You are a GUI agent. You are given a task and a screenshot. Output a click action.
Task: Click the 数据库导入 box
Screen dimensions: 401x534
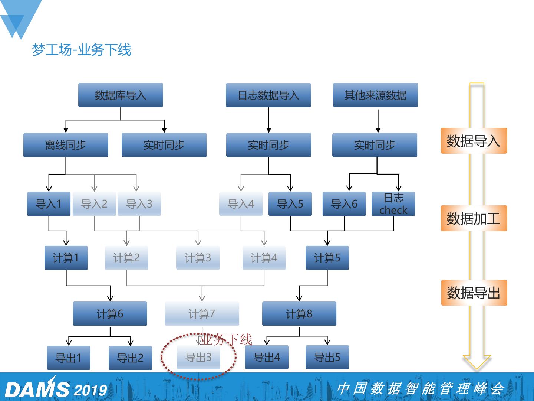pyautogui.click(x=121, y=95)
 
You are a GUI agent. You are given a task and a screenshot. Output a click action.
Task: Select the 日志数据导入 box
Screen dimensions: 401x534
pyautogui.click(x=268, y=95)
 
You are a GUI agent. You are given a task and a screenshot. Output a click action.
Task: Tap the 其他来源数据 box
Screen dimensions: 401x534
pyautogui.click(x=375, y=95)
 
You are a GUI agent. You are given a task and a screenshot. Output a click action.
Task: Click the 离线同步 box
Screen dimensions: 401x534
pyautogui.click(x=66, y=145)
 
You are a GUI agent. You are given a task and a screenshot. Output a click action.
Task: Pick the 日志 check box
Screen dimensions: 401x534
pyautogui.click(x=393, y=204)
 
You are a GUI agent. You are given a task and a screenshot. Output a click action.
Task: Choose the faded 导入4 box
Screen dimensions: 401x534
pyautogui.click(x=241, y=204)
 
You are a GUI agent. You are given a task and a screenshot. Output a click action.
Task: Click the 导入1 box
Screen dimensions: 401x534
pyautogui.click(x=49, y=204)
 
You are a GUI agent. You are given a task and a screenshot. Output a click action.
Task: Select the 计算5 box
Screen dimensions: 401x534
pyautogui.click(x=327, y=258)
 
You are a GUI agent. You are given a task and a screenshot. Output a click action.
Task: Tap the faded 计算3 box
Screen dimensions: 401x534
pyautogui.click(x=198, y=258)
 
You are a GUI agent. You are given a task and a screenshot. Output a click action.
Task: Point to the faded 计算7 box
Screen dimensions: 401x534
pyautogui.click(x=202, y=314)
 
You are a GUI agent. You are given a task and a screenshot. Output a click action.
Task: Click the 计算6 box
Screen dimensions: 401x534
pyautogui.click(x=110, y=314)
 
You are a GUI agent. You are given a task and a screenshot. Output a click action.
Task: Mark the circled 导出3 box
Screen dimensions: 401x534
pyautogui.click(x=198, y=357)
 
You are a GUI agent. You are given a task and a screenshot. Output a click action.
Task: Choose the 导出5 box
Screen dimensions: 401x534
pyautogui.click(x=327, y=357)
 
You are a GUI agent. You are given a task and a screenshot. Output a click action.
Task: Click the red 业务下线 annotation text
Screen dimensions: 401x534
pyautogui.click(x=226, y=339)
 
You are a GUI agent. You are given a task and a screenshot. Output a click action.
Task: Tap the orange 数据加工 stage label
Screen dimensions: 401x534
pyautogui.click(x=474, y=218)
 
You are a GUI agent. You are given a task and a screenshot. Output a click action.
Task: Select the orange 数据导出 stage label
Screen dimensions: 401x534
pyautogui.click(x=474, y=293)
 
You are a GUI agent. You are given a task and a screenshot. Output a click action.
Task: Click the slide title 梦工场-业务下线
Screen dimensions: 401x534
pyautogui.click(x=82, y=50)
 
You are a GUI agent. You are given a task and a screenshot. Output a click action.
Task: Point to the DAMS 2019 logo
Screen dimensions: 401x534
pyautogui.click(x=56, y=389)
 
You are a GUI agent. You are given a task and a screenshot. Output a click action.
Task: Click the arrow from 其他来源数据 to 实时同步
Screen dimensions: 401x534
pyautogui.click(x=378, y=121)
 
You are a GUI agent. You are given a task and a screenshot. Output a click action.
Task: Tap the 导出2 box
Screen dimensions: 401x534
pyautogui.click(x=130, y=358)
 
